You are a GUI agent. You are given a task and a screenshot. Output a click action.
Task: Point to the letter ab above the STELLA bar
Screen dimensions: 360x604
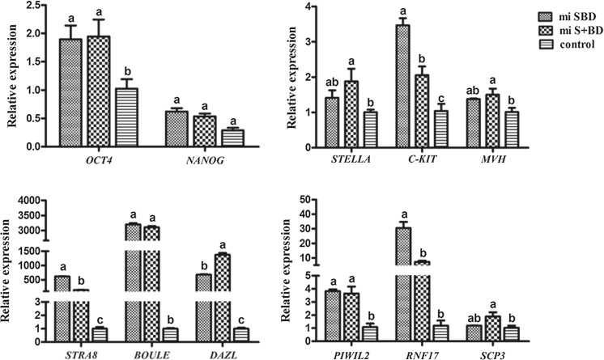point(330,82)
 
